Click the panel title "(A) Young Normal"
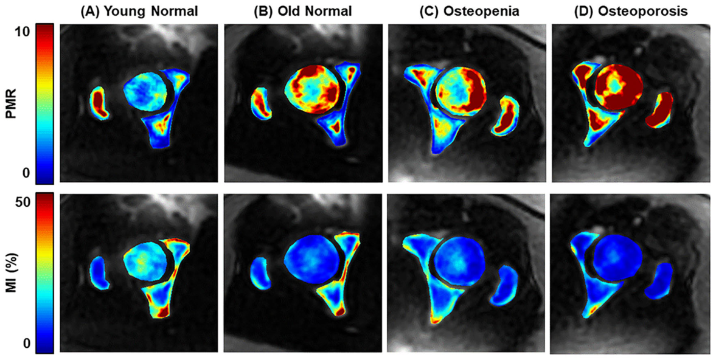(x=139, y=12)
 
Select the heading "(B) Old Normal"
(x=303, y=12)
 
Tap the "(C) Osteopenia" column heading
(x=470, y=12)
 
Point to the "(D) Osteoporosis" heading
(x=633, y=12)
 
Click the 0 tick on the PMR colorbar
(x=26, y=173)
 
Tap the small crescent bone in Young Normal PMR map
(x=99, y=103)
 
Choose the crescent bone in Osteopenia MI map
(x=504, y=285)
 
